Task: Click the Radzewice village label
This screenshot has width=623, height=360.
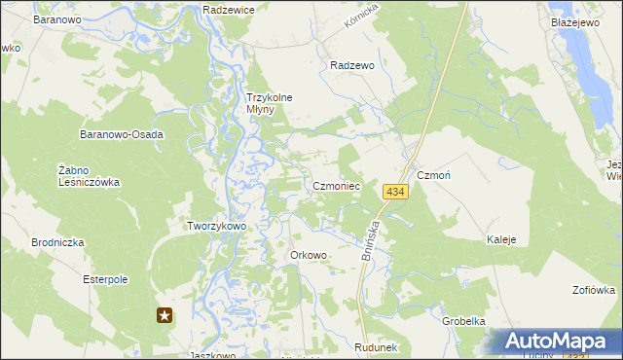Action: [229, 9]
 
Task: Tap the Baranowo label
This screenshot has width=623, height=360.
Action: [57, 18]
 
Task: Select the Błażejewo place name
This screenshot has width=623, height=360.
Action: [573, 21]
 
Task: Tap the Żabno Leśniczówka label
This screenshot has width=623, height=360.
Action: [89, 176]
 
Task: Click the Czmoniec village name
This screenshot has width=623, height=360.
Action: [337, 185]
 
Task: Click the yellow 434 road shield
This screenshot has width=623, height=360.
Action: [394, 193]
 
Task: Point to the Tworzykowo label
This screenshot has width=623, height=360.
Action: [216, 226]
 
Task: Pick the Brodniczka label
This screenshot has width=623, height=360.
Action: [58, 242]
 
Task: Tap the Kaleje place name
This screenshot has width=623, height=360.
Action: [501, 239]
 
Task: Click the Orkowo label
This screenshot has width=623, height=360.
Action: [308, 255]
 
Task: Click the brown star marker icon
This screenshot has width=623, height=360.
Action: [165, 314]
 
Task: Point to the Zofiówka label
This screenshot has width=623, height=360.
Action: [594, 290]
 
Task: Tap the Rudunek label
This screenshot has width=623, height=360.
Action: [377, 347]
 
